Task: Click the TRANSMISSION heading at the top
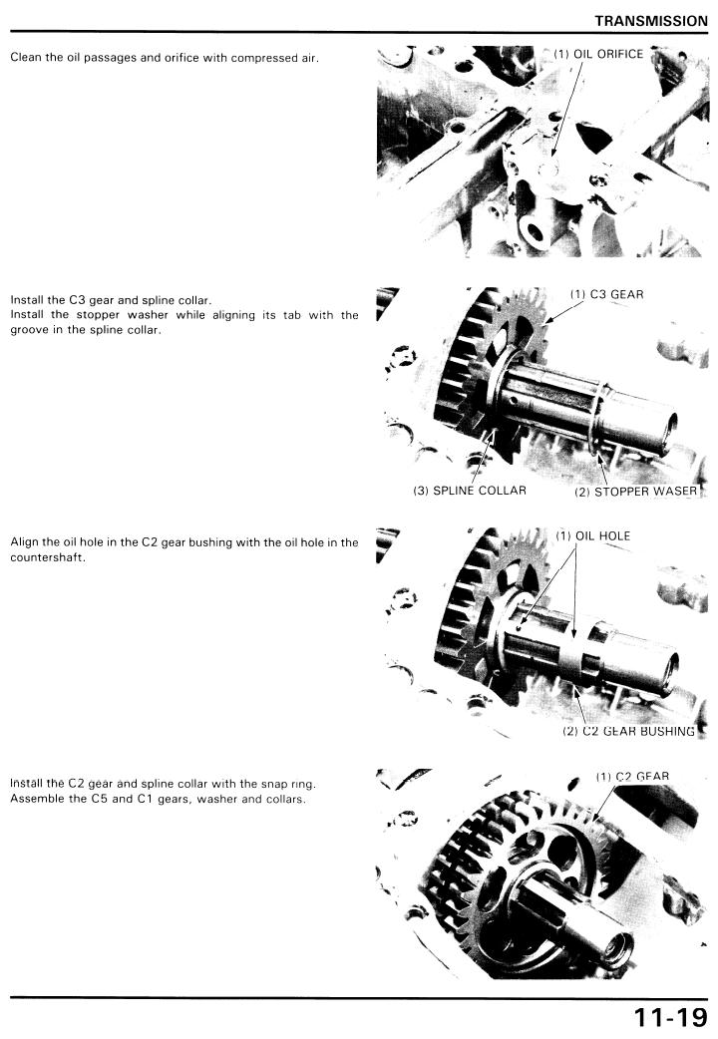click(651, 21)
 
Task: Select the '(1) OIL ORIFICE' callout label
click(598, 54)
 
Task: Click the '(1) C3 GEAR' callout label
click(606, 294)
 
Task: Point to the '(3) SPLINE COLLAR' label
click(470, 491)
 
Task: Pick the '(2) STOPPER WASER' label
click(636, 491)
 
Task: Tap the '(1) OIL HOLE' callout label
click(592, 535)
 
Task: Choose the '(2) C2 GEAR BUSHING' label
click(628, 731)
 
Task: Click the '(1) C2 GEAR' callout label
click(632, 776)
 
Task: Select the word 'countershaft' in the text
click(48, 557)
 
